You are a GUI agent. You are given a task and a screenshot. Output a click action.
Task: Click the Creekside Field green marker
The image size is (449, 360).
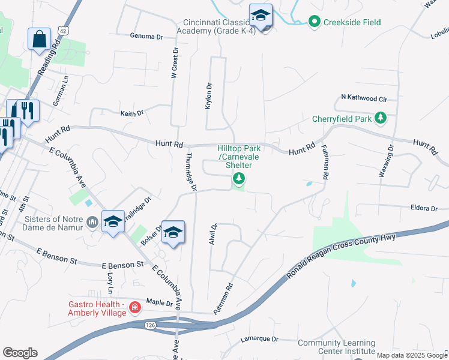pos(314,23)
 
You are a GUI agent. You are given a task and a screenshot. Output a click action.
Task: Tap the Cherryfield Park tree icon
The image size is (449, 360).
pos(380,118)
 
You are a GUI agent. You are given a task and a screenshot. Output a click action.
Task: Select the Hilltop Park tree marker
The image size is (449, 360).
pos(239,178)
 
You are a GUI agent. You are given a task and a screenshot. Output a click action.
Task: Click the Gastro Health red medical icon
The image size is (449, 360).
pos(135,308)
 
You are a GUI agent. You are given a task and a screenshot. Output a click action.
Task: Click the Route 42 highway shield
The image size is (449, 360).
pos(64,30)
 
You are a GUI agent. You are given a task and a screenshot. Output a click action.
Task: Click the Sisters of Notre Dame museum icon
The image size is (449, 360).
pos(92,223)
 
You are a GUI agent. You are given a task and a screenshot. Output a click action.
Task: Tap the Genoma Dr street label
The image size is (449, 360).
pos(146,36)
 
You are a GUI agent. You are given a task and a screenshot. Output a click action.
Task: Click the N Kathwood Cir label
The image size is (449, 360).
pos(364,97)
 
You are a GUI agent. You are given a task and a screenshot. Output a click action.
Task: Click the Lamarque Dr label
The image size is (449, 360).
pos(259,339)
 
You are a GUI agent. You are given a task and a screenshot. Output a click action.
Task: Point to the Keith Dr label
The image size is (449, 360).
pos(132,113)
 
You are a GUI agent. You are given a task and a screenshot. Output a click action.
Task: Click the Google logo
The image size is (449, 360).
pos(20,353)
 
